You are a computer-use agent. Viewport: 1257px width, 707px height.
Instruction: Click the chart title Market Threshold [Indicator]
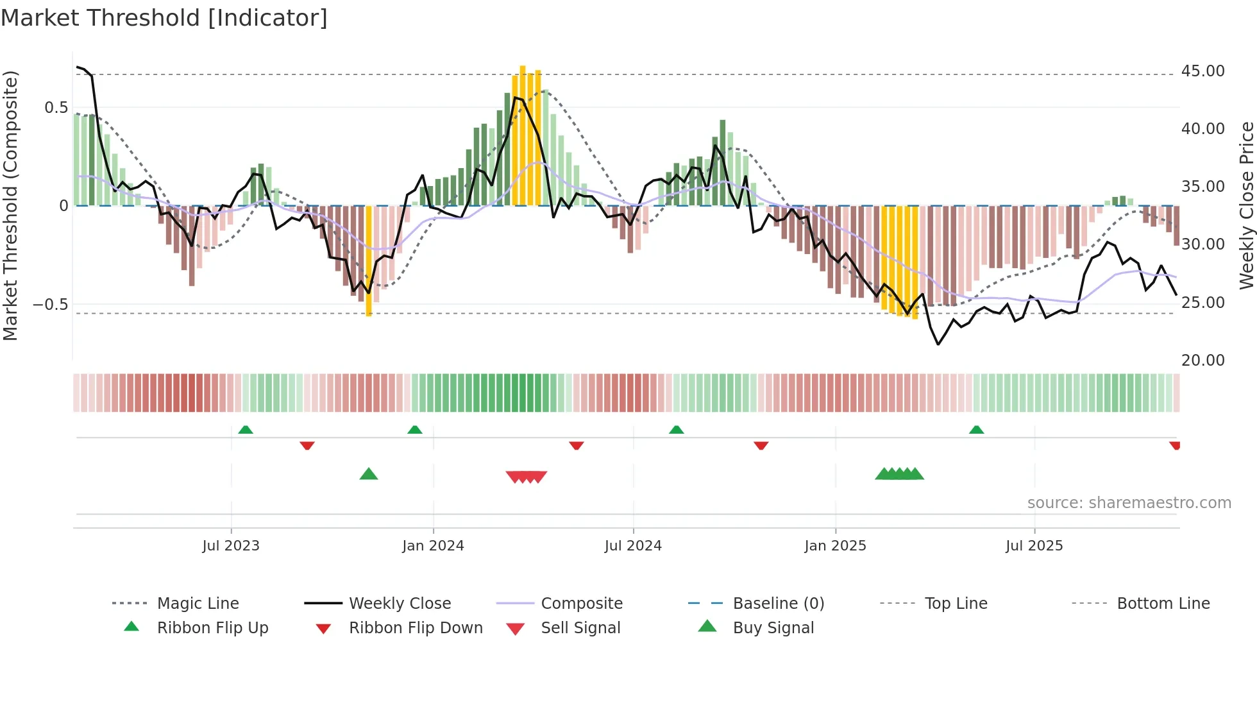[x=164, y=18]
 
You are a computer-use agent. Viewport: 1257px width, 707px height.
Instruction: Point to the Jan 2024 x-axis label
[x=433, y=545]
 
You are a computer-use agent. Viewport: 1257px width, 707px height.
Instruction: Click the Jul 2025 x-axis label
[x=1034, y=545]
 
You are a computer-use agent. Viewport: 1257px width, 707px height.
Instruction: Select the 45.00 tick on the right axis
[x=1202, y=71]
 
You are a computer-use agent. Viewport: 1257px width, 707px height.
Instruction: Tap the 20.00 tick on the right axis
[x=1202, y=360]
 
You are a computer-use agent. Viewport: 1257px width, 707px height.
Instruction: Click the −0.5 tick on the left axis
[x=50, y=304]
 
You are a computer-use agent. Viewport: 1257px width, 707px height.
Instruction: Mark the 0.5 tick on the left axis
[x=56, y=107]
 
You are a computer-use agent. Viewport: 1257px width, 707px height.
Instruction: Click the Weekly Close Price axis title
[x=1245, y=205]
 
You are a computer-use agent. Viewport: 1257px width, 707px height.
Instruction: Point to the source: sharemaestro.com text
[x=1129, y=502]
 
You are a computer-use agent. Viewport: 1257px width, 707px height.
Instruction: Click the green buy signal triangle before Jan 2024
[x=369, y=474]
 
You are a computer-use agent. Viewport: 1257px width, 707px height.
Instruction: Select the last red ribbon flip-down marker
[x=1174, y=445]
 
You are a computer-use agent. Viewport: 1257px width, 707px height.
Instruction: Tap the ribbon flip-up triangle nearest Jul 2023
[x=246, y=429]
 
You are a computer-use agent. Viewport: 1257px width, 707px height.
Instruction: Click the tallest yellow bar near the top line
[x=523, y=135]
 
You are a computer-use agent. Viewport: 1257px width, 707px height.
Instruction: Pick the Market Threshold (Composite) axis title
[x=10, y=205]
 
